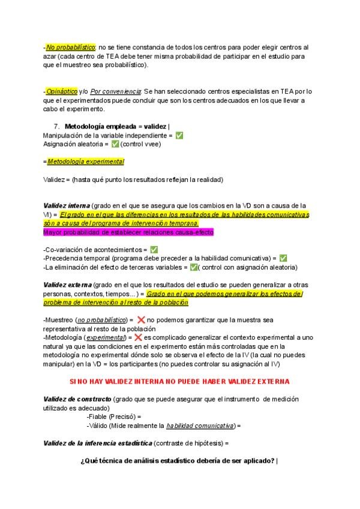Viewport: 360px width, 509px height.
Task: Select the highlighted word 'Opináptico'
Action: point(61,91)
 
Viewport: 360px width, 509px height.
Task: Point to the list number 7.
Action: point(56,127)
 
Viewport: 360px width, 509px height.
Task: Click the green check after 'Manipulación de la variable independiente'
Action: point(179,136)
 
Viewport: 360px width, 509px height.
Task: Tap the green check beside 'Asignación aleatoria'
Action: point(115,144)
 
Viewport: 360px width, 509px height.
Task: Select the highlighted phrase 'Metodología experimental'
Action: point(85,161)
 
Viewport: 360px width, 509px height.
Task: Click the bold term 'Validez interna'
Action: point(67,205)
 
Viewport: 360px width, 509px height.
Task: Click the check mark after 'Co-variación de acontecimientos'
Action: point(154,249)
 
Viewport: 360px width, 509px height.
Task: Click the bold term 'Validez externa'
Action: point(68,285)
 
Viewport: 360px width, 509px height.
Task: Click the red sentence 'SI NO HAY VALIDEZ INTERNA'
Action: point(179,381)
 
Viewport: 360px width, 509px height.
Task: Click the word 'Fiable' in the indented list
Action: point(100,417)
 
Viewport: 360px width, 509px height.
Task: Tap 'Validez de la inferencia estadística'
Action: point(97,443)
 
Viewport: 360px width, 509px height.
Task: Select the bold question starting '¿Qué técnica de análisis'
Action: point(179,460)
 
